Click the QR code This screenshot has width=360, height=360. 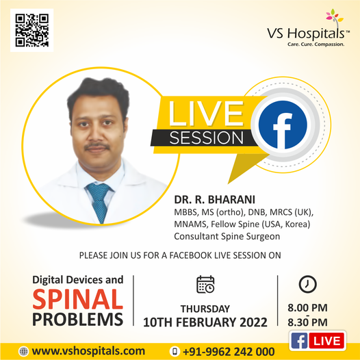32,30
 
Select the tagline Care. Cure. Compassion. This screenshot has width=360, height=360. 316,44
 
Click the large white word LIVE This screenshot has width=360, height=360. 206,114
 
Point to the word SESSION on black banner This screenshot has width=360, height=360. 206,138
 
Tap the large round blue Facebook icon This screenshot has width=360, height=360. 283,125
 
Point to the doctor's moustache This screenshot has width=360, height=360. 97,146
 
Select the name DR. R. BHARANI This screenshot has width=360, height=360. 214,200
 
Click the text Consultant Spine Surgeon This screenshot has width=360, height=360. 227,237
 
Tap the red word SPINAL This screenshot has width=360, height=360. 77,299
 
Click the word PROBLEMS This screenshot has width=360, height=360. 77,320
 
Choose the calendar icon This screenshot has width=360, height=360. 205,284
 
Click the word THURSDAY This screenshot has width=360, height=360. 205,309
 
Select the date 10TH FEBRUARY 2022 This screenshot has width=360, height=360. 205,322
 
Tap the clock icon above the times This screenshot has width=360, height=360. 308,284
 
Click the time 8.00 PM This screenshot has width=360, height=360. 307,308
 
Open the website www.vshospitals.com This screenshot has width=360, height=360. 88,351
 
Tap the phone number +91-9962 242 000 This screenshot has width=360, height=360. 229,352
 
